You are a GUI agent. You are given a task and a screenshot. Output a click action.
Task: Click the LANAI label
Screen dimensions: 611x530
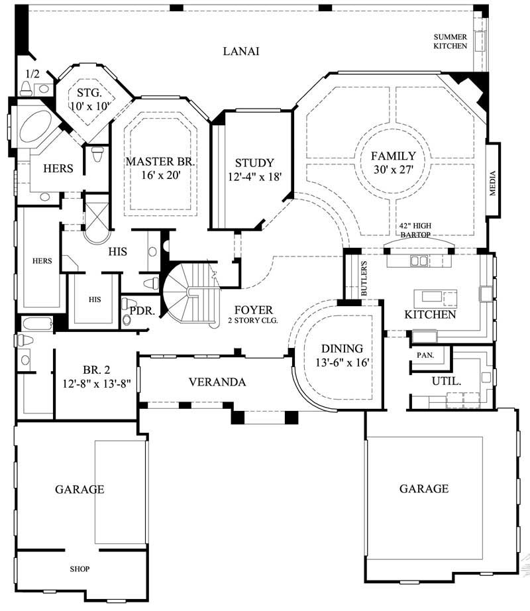coord(240,51)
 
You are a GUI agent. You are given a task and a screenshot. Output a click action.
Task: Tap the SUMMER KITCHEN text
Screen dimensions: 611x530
coord(450,41)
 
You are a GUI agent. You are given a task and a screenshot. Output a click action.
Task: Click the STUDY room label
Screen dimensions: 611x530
coord(254,162)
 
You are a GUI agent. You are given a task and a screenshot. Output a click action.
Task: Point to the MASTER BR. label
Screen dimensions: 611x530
coord(160,161)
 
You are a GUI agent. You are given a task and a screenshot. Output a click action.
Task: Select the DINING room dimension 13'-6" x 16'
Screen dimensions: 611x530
coord(342,362)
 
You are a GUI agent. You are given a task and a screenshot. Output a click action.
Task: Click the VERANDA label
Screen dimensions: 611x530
coord(217,382)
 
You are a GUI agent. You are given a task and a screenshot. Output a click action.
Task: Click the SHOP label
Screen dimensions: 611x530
coord(79,569)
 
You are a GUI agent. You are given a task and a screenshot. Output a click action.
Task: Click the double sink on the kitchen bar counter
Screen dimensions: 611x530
coord(419,260)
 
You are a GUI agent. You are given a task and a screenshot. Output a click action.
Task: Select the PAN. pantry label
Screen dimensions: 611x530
coord(425,355)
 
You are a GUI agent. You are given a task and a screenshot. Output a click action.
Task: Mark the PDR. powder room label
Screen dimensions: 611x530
coord(142,310)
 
